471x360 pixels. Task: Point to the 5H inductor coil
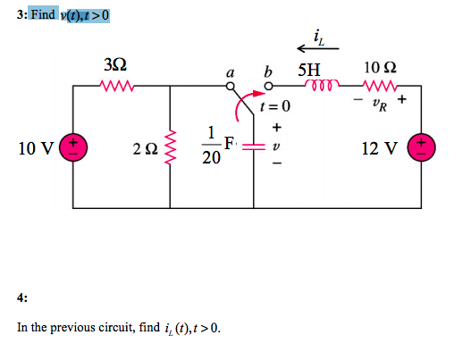pyautogui.click(x=320, y=87)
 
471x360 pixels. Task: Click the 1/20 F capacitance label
pyautogui.click(x=215, y=146)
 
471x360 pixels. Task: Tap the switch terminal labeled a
pyautogui.click(x=231, y=87)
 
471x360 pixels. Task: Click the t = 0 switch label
pyautogui.click(x=275, y=107)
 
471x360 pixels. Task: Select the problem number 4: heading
pyautogui.click(x=22, y=297)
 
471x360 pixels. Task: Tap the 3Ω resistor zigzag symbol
pyautogui.click(x=117, y=87)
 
